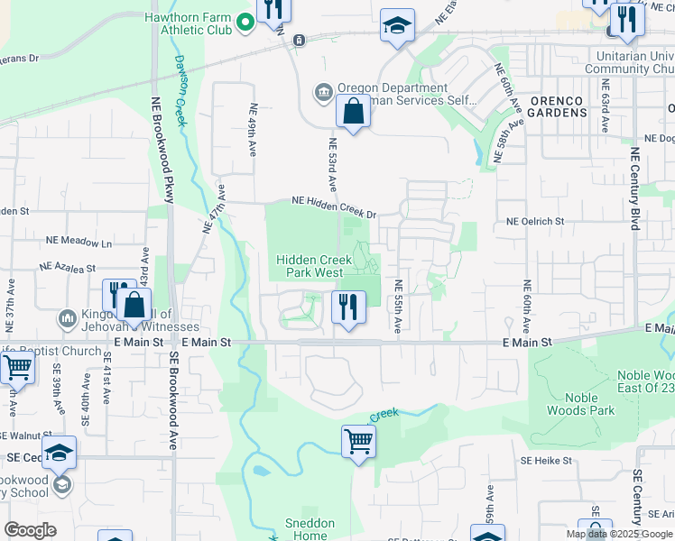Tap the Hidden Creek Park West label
pos(309,265)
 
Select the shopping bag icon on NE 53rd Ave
pos(353,113)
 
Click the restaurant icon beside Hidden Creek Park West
pos(347,307)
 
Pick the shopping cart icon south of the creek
pos(358,443)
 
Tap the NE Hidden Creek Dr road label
pos(332,208)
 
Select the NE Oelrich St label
pos(535,221)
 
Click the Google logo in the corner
pos(30,530)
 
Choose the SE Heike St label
pos(546,460)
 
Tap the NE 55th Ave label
pos(397,304)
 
